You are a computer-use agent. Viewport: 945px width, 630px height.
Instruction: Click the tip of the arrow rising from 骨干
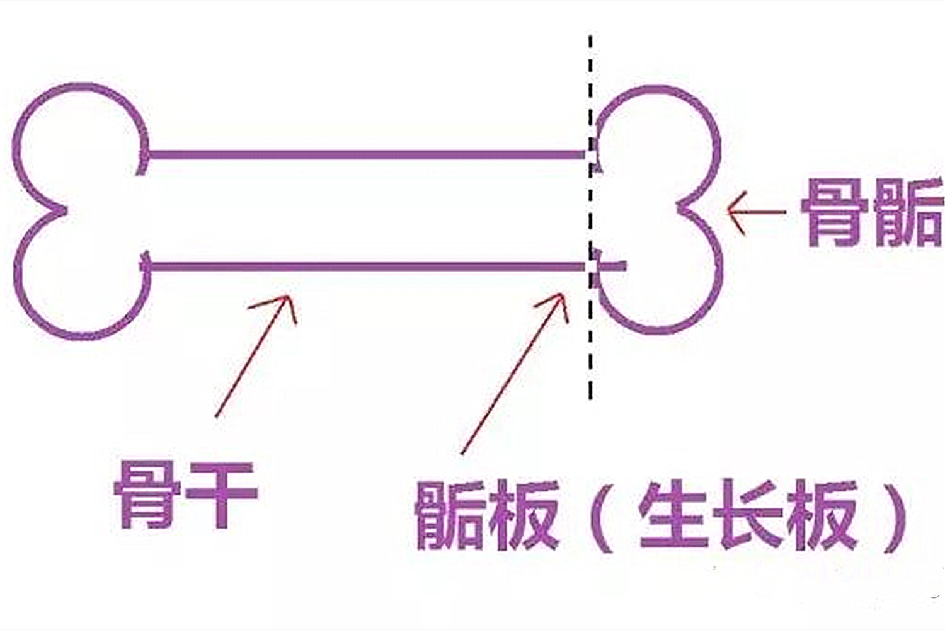point(288,296)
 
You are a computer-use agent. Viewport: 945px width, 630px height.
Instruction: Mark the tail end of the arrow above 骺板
point(462,454)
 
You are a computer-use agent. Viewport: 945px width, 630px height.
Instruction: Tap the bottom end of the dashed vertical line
point(591,398)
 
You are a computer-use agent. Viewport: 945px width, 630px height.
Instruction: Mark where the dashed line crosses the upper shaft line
point(591,154)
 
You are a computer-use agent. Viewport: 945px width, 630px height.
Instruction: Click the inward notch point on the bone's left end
point(66,210)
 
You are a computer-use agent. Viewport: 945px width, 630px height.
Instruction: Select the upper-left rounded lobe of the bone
point(81,146)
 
